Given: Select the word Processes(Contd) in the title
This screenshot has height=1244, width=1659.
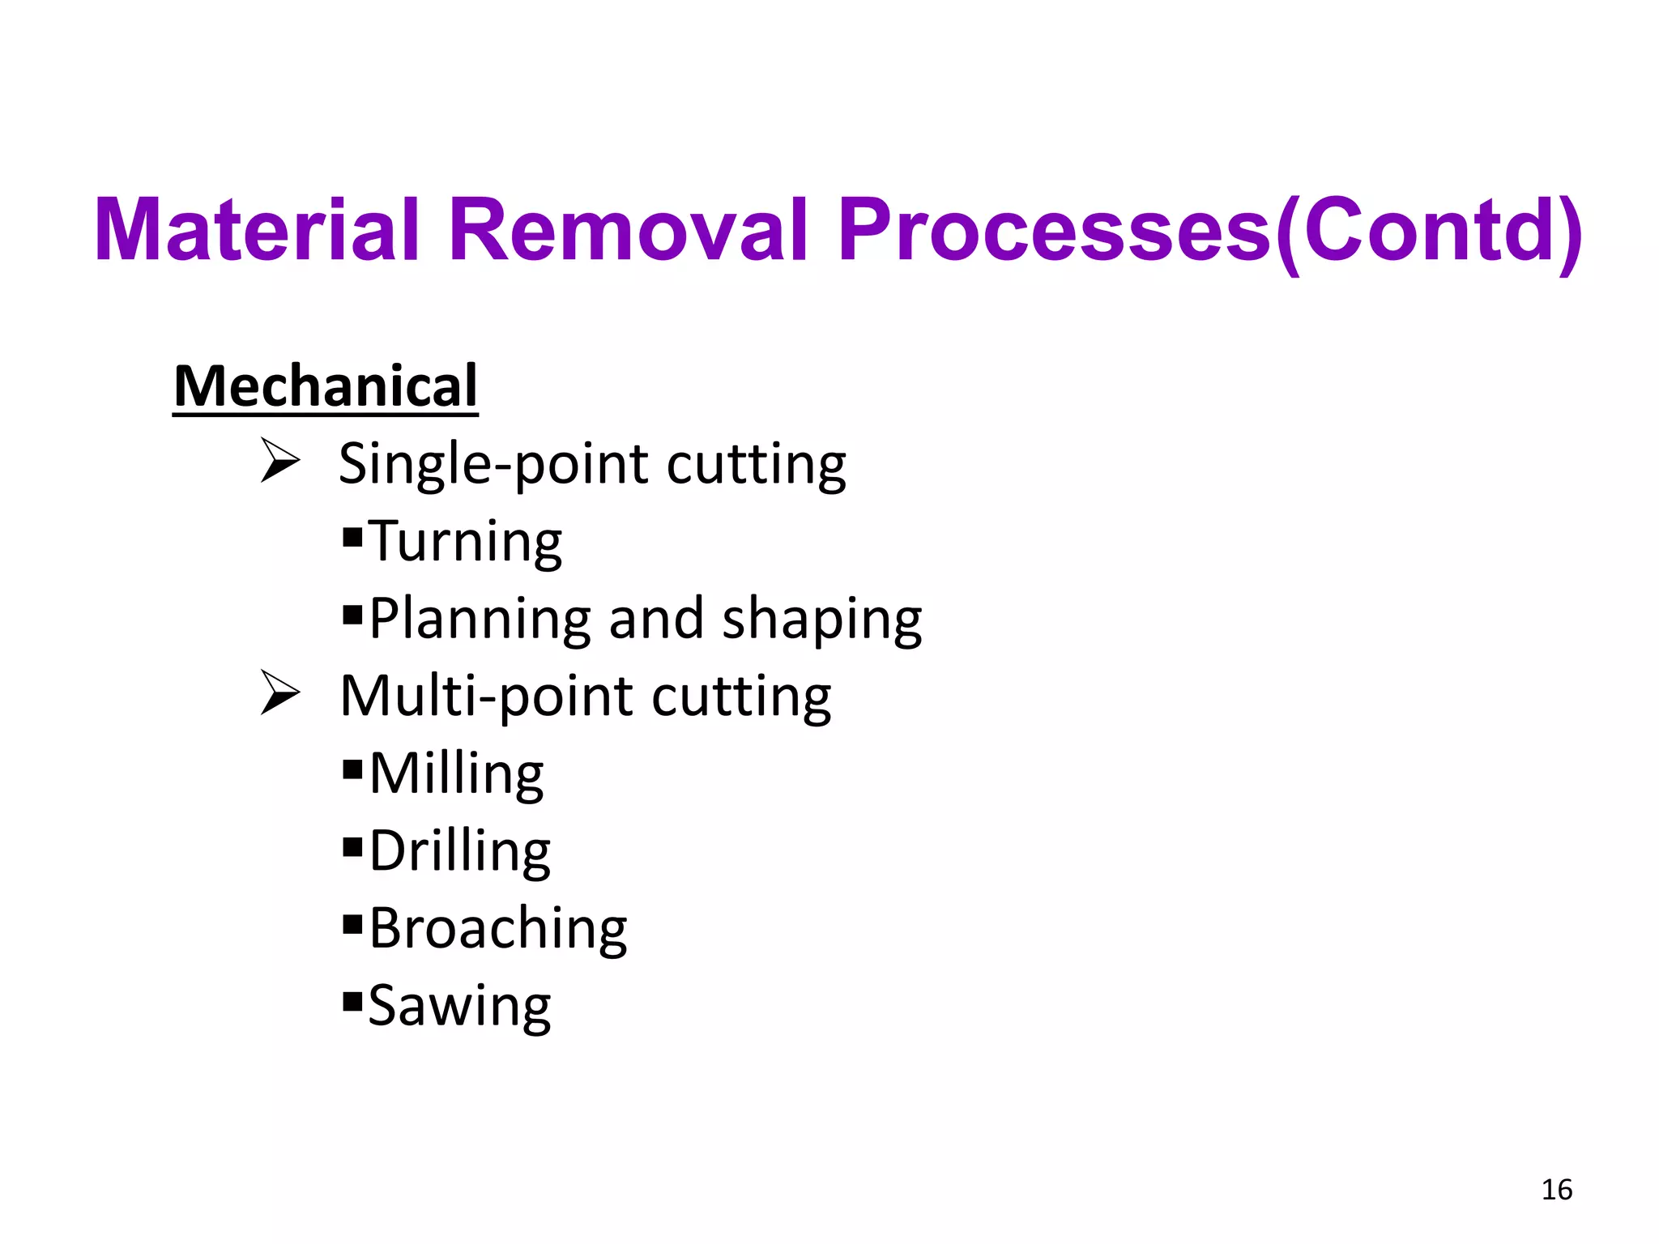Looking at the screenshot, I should tap(1210, 232).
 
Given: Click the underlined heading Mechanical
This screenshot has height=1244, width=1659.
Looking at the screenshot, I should tap(326, 386).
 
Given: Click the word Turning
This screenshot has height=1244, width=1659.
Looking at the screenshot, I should tap(466, 542).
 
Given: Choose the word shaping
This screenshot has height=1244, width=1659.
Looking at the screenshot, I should tap(821, 620).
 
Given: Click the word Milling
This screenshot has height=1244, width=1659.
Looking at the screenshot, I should tap(457, 774).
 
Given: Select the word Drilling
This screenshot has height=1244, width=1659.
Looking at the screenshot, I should tap(460, 852).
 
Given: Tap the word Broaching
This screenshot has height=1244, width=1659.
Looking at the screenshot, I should tap(498, 929).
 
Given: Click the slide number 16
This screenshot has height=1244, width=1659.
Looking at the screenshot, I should tap(1556, 1190).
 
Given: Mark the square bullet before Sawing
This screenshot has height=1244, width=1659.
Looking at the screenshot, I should tap(352, 1002).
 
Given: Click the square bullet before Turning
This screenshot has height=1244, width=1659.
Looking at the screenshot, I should tap(352, 537).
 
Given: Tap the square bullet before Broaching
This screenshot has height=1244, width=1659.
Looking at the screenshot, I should tap(352, 924).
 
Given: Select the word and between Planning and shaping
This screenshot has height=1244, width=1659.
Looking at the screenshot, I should tap(655, 620).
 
